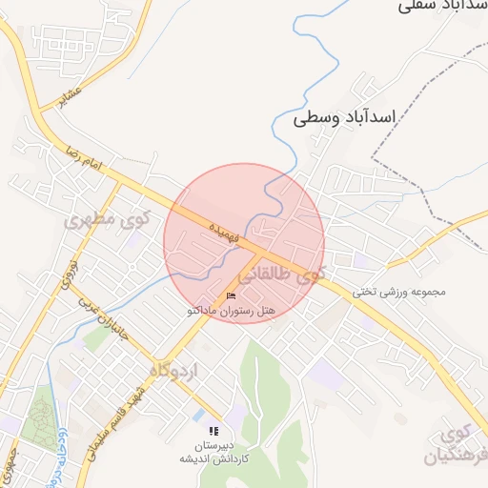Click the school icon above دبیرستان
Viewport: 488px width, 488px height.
[x=213, y=431]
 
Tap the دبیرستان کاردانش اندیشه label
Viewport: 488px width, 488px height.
[x=214, y=451]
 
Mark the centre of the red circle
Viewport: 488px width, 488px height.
[x=244, y=243]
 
